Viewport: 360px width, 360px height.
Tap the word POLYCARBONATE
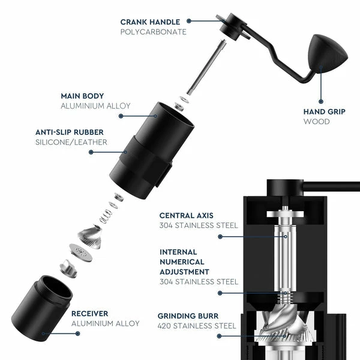[154, 32]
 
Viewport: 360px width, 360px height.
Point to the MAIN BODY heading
[82, 96]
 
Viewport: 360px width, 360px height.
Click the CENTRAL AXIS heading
[186, 215]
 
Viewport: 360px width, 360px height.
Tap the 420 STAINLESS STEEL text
[197, 326]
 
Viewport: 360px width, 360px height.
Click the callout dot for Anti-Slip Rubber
[91, 152]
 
